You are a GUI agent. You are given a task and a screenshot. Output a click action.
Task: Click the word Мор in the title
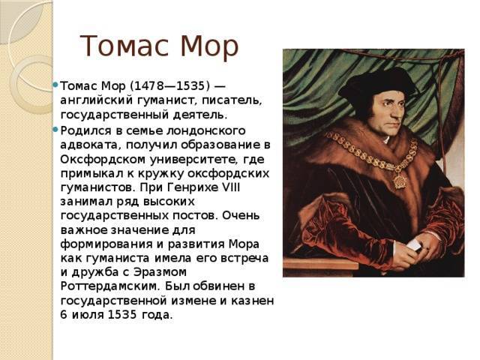(209, 46)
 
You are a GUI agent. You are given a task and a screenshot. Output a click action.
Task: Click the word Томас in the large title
(123, 46)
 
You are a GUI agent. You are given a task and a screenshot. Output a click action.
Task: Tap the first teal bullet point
(55, 84)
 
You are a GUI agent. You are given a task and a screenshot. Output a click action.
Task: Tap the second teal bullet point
(55, 130)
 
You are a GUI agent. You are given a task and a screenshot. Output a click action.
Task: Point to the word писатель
(232, 100)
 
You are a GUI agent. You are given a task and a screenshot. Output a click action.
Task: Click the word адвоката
(89, 145)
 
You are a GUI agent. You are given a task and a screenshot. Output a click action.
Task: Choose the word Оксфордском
(103, 159)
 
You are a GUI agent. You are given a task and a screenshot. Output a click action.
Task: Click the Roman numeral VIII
(230, 187)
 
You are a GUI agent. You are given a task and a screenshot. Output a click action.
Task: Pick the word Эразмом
(160, 272)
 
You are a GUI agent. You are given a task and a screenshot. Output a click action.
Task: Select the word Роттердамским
(110, 286)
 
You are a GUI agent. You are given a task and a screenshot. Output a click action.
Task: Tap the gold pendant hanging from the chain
(399, 181)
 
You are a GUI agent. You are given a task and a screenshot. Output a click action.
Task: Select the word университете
(192, 159)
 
